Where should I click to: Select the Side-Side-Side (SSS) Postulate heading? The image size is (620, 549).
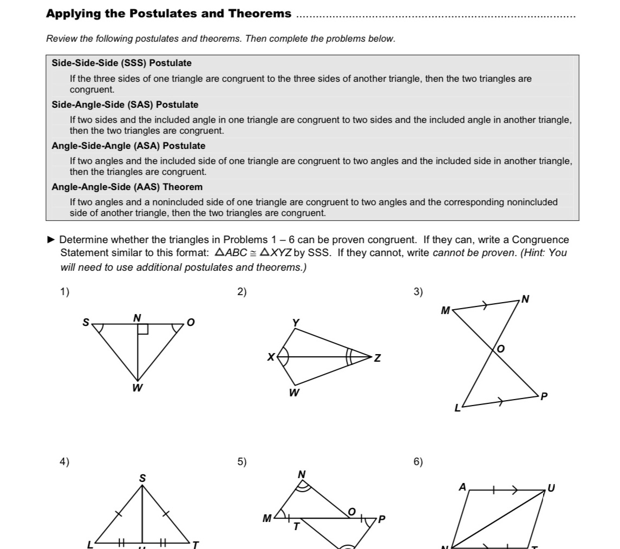[121, 63]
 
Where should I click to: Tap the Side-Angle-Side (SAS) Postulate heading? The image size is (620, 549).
[125, 104]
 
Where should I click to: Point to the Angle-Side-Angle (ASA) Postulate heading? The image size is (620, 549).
[128, 146]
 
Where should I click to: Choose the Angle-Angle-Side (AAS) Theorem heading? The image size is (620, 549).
[127, 187]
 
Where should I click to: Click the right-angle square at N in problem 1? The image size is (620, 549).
[143, 329]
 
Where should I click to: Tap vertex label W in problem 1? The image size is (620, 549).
[138, 388]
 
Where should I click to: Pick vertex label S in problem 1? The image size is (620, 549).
[85, 322]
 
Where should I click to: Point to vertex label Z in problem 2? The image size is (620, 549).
[377, 358]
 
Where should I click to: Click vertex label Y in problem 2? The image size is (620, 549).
[296, 322]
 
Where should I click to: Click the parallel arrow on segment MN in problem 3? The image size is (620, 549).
[486, 306]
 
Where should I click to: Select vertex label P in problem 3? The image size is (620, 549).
[544, 397]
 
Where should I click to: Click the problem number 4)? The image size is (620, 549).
[64, 462]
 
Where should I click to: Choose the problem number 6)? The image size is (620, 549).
[418, 462]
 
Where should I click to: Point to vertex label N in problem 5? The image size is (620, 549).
[302, 474]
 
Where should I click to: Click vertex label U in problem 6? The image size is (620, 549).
[551, 488]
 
